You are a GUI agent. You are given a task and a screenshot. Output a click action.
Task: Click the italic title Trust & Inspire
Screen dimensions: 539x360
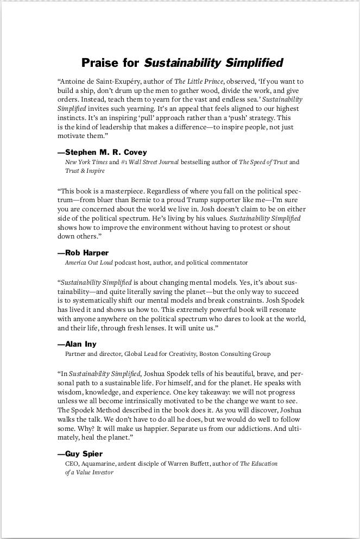tap(85, 171)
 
